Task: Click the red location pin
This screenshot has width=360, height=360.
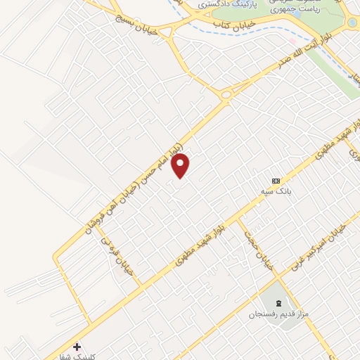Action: point(181,166)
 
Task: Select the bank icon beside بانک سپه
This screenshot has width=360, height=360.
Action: point(276,180)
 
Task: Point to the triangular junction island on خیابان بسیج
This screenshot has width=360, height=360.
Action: point(166,30)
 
